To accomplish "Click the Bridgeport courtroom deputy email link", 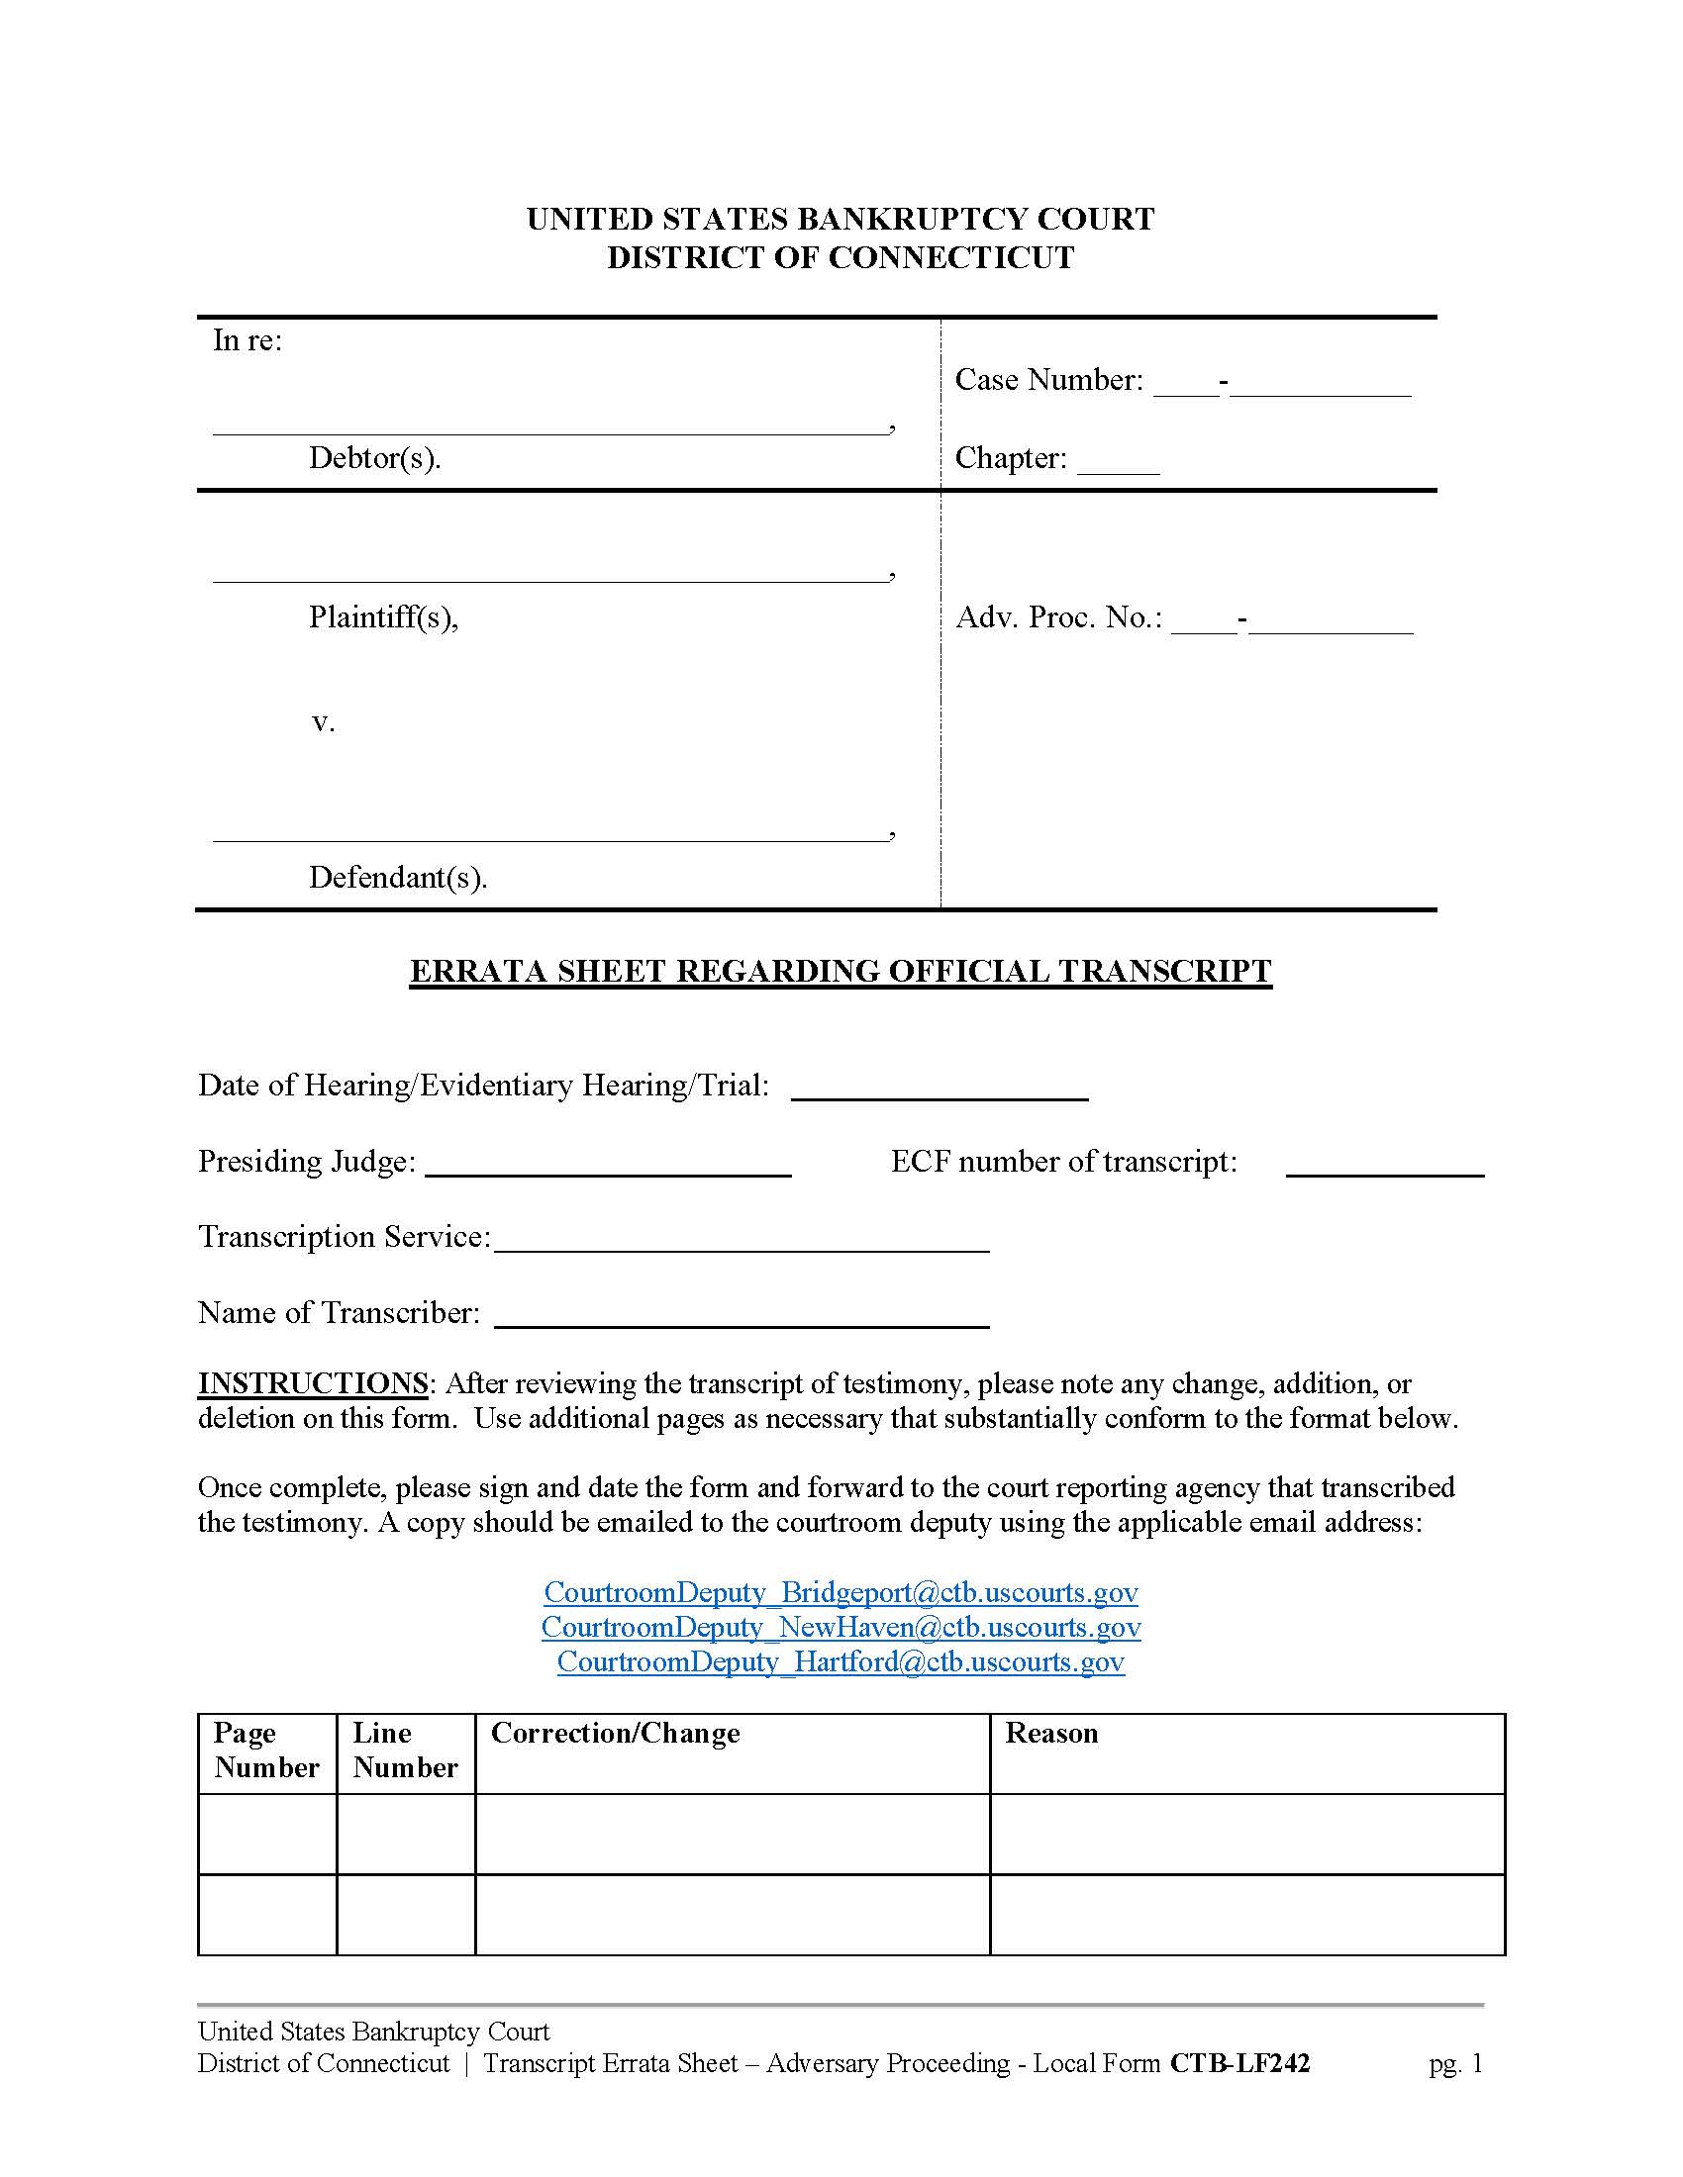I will [x=841, y=1592].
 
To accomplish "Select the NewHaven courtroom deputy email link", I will [x=841, y=1627].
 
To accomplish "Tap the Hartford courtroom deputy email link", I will [x=841, y=1661].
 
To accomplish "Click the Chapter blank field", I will [x=1118, y=464].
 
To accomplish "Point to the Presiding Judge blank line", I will [x=608, y=1168].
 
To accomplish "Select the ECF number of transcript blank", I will [x=1384, y=1168].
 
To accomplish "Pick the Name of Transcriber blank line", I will [x=742, y=1318].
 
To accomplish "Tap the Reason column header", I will [x=1050, y=1734].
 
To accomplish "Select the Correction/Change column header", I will [x=615, y=1734].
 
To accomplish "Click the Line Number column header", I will [x=405, y=1751].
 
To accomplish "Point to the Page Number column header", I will [x=266, y=1751].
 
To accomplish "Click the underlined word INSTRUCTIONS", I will [x=313, y=1383].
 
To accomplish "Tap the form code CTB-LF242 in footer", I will [x=1239, y=2063].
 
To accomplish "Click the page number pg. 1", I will [x=1455, y=2063].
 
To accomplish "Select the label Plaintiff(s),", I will [x=383, y=617].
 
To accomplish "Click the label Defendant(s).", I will [x=398, y=877].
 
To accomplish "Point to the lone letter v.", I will [x=322, y=722].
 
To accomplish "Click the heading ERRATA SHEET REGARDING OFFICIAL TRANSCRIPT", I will [x=841, y=971].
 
